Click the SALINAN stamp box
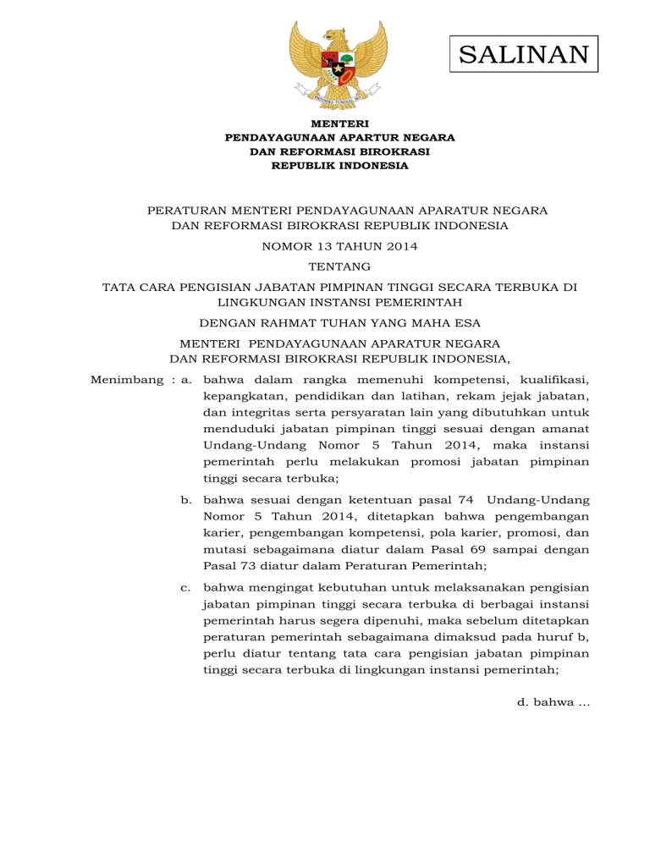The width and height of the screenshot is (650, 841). pos(523,55)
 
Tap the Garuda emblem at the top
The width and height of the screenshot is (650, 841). pos(338,65)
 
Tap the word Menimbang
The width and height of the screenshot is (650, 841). pos(126,380)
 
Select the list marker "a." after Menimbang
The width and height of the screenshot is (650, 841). pos(188,380)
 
